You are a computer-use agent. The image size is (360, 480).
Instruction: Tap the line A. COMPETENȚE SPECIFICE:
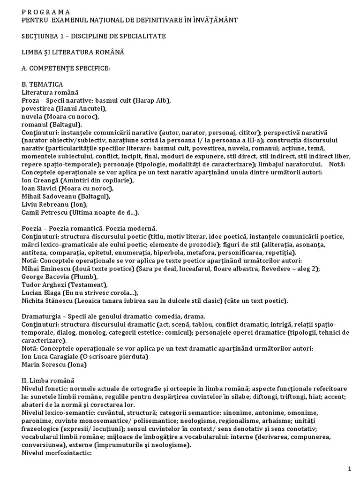(66, 69)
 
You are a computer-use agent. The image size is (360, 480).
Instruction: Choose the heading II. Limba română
(47, 380)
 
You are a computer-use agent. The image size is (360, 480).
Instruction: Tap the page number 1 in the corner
(350, 469)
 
